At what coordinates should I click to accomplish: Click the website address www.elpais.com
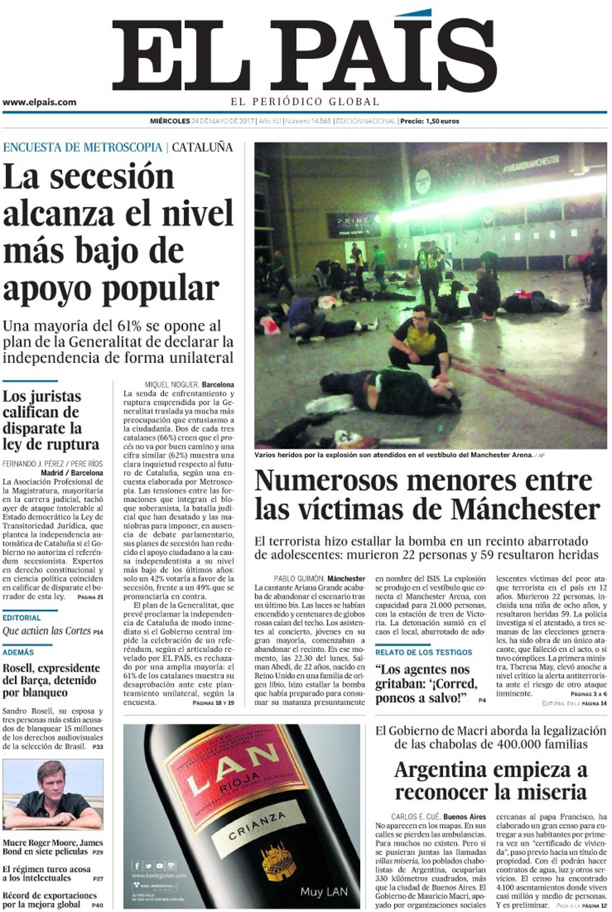tap(39, 102)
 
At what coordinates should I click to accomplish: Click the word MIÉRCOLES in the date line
tap(169, 121)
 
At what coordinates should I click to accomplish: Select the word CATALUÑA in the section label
tap(202, 147)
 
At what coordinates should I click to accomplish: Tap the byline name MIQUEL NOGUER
tap(172, 384)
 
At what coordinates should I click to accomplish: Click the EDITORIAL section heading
tap(21, 618)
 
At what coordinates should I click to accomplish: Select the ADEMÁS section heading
tap(18, 652)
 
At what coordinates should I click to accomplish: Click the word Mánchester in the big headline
tap(525, 509)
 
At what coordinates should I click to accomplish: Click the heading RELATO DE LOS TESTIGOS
tap(424, 652)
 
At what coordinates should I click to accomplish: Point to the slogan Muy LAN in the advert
tap(324, 892)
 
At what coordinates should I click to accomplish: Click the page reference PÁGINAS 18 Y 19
tap(213, 703)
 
